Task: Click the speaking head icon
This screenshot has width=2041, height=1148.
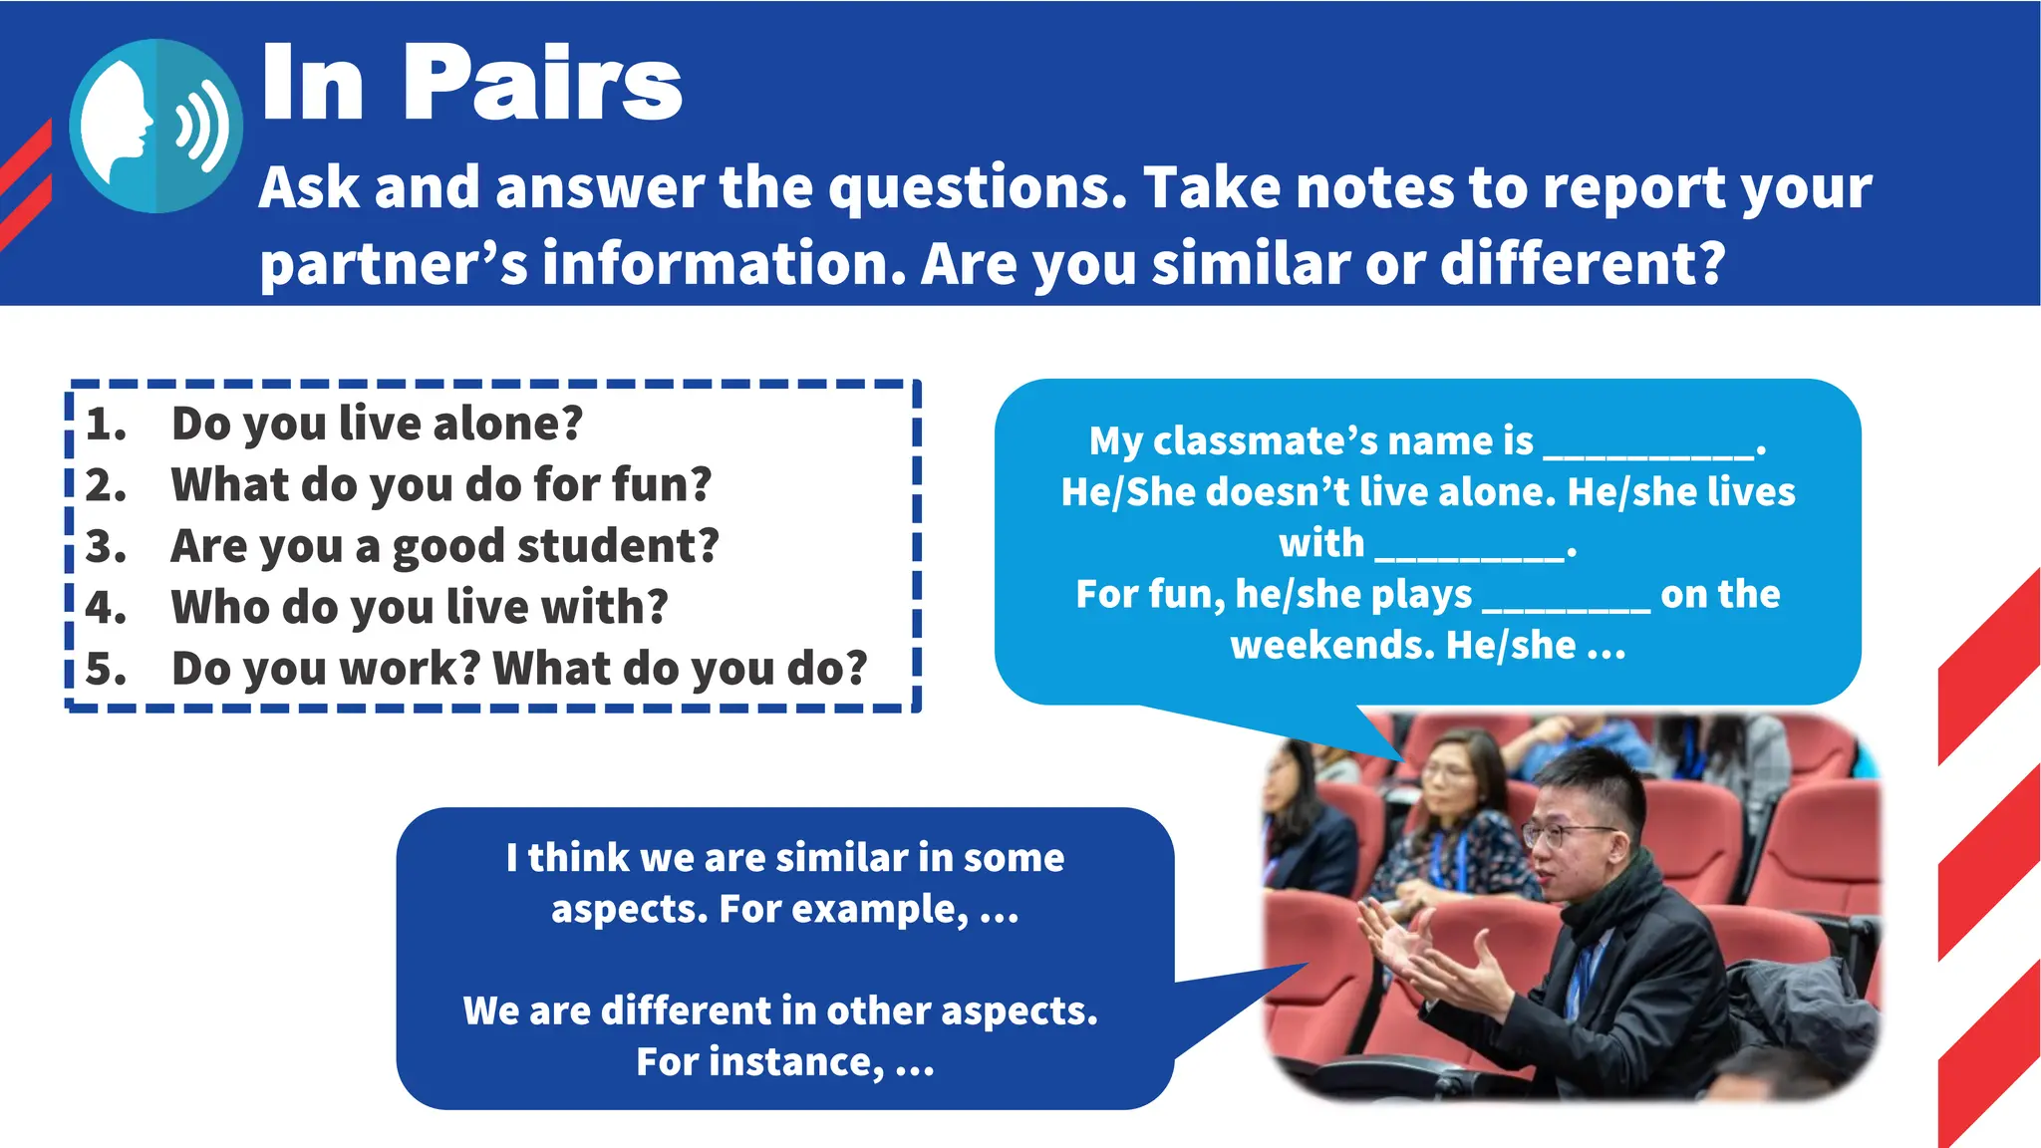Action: point(155,126)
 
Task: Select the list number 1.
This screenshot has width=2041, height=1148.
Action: point(105,425)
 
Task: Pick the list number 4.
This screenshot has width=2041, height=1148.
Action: point(105,608)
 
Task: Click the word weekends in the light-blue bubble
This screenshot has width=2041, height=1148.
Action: point(1331,646)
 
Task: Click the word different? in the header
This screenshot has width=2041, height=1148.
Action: point(1583,263)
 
